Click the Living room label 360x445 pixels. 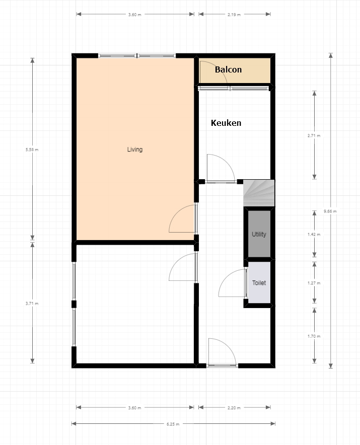(x=135, y=150)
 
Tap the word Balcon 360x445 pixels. (x=228, y=69)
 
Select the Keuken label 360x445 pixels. (x=226, y=123)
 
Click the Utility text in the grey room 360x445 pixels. (x=259, y=235)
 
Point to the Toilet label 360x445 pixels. (x=259, y=283)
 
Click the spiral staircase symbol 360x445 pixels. (x=259, y=193)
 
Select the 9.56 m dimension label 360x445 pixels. (x=330, y=211)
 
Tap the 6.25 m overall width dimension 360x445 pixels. (x=173, y=424)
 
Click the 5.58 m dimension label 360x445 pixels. (x=32, y=150)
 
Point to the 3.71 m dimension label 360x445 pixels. (x=32, y=304)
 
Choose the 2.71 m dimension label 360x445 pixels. (x=314, y=135)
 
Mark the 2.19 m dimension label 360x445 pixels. (x=234, y=15)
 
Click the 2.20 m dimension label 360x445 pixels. (x=234, y=408)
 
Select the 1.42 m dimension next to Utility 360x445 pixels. (x=314, y=235)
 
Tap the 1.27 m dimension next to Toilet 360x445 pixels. (x=314, y=283)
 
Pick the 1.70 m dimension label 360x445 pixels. (x=314, y=336)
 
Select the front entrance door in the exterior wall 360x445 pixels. (x=221, y=352)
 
